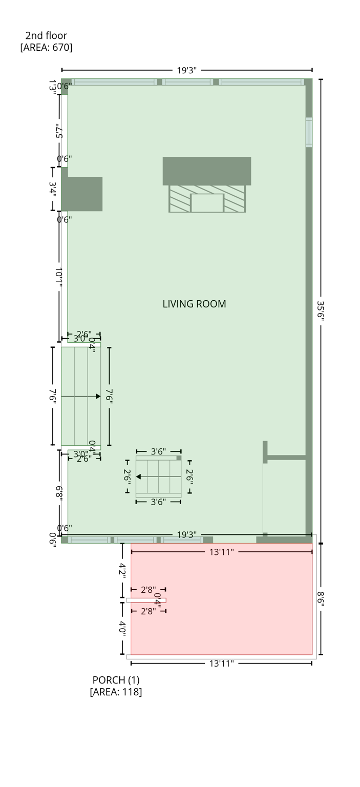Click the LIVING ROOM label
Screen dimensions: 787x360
[194, 304]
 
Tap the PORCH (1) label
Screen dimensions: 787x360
[116, 680]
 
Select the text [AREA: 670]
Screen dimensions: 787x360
[46, 48]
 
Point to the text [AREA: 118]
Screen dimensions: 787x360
[116, 692]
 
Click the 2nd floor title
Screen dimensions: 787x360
[46, 35]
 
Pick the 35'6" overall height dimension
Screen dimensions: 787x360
[321, 310]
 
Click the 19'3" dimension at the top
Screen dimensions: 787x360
[187, 70]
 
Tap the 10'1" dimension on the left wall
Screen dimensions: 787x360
[59, 277]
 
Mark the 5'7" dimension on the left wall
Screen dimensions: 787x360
[59, 131]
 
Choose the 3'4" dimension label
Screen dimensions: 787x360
[52, 189]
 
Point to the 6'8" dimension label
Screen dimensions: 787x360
[59, 493]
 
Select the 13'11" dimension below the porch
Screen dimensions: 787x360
[221, 664]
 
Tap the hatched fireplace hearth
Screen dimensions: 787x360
[207, 199]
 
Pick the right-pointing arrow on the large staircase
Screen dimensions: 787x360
[98, 396]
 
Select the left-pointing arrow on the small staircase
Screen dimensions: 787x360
[139, 477]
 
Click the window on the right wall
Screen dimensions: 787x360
[309, 132]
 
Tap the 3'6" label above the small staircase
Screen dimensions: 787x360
[158, 451]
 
